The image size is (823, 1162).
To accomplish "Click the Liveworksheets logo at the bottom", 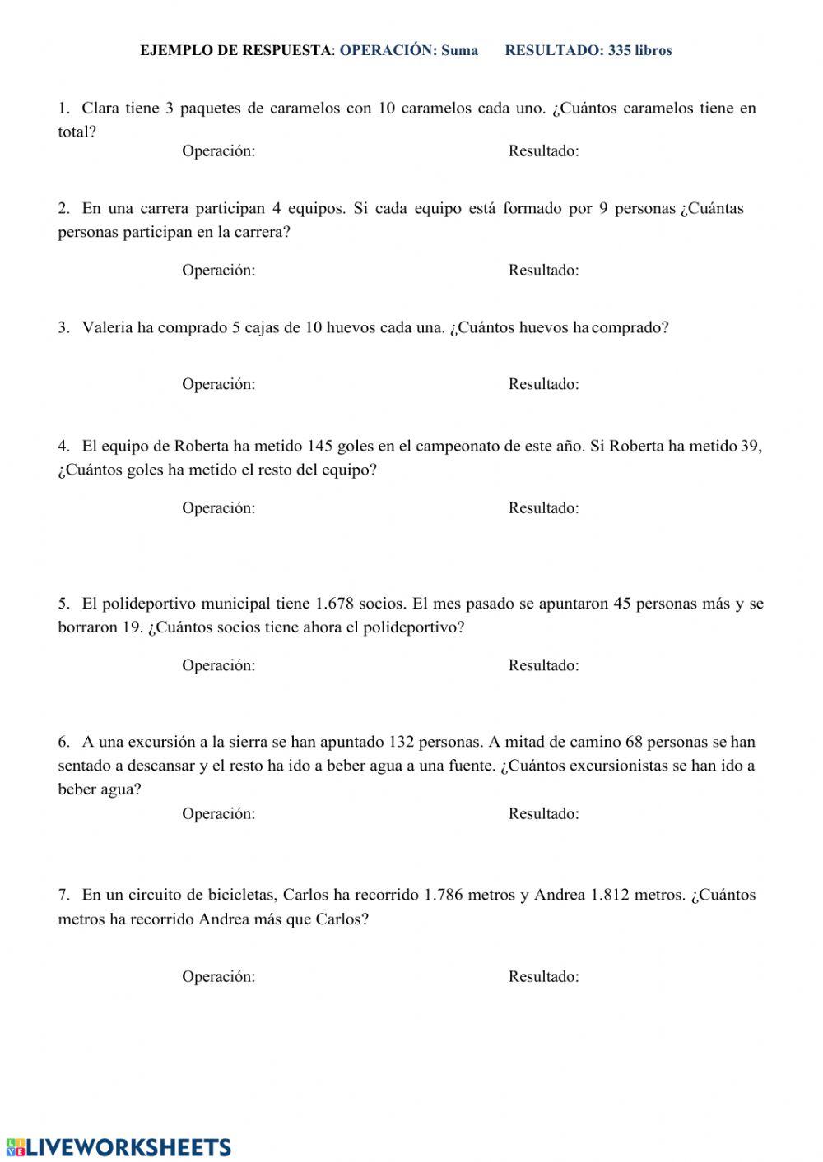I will (x=118, y=1147).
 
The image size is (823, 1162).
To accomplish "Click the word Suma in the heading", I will (x=459, y=50).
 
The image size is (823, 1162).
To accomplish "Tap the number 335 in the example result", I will (x=619, y=50).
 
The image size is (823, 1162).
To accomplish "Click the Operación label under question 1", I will (x=218, y=151).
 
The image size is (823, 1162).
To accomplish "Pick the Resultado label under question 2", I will (x=543, y=271).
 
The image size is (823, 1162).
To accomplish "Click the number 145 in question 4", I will (x=319, y=447).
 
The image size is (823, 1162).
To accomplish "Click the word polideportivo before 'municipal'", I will (x=150, y=604).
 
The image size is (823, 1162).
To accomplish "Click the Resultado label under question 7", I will (x=543, y=977).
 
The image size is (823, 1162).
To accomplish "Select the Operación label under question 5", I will (x=218, y=666).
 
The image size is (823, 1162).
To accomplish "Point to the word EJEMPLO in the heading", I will (x=176, y=50).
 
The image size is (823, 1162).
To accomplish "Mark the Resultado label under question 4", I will (x=543, y=508).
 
